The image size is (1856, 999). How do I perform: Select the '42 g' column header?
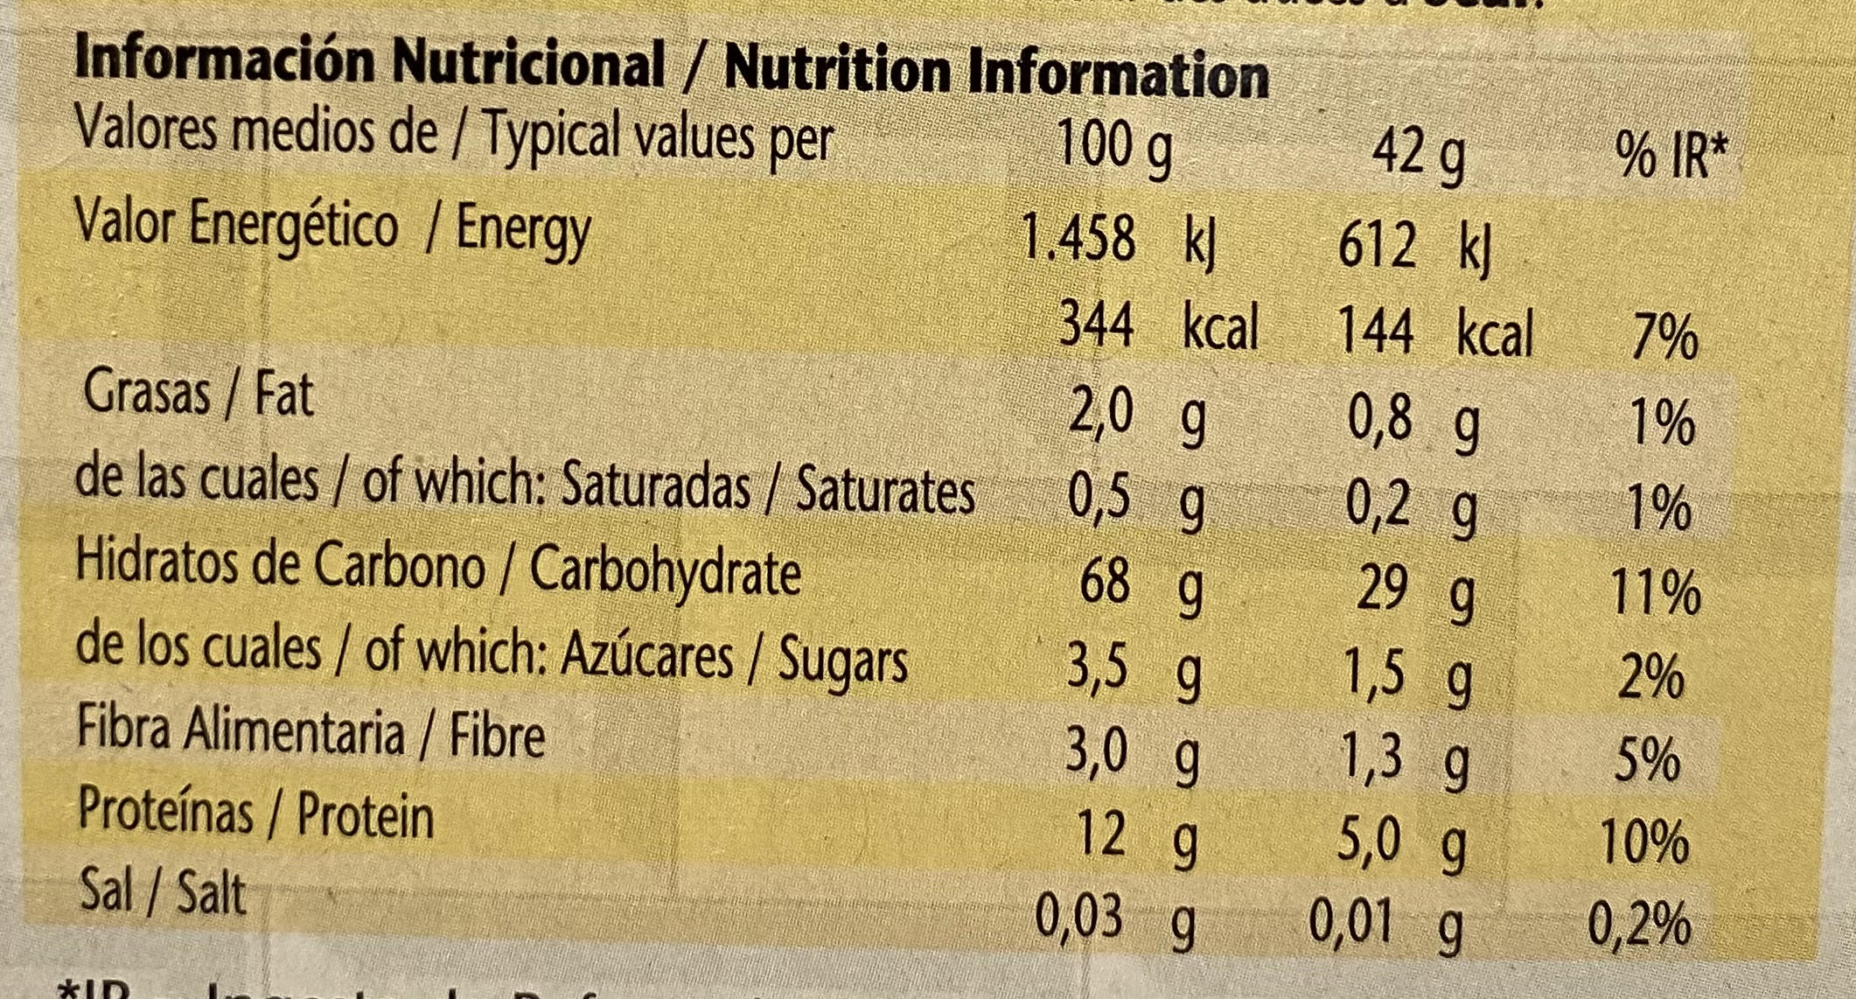tap(1417, 157)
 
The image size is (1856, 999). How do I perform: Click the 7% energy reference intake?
tap(1664, 338)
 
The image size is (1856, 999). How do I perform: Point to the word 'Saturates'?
tap(885, 492)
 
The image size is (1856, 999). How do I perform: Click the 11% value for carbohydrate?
tap(1656, 593)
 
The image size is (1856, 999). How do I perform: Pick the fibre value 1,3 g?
tap(1406, 756)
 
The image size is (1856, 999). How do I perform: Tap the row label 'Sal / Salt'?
tap(163, 891)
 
